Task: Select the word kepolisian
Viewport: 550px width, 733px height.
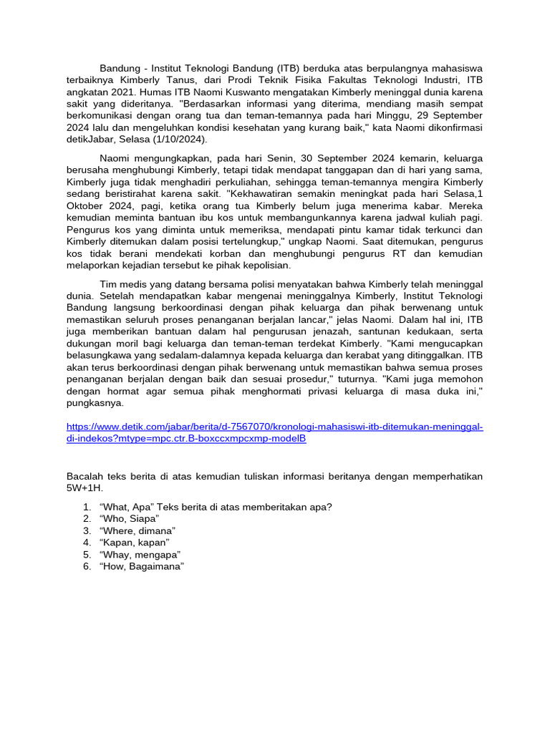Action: tap(264, 266)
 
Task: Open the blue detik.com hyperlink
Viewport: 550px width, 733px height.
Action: tap(274, 427)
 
